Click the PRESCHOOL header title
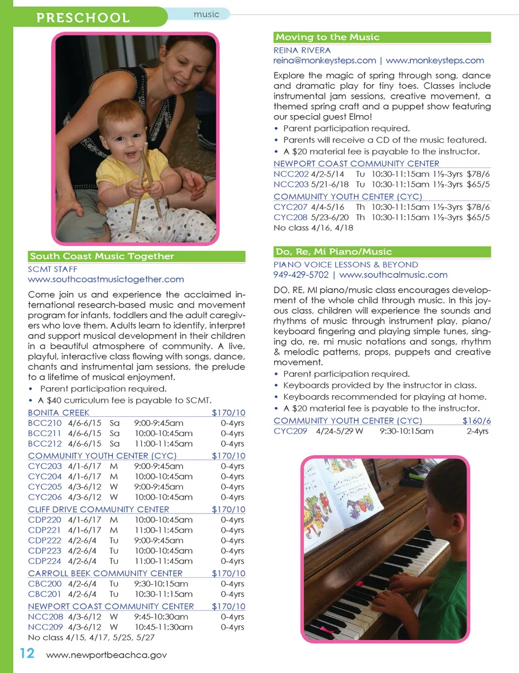83,17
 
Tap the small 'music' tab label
206,15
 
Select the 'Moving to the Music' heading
328,37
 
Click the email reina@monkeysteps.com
324,61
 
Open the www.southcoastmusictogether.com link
106,279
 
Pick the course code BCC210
45,423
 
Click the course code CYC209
290,431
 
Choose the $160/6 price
476,421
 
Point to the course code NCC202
291,174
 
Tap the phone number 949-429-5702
301,275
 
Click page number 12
27,654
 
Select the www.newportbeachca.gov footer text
107,655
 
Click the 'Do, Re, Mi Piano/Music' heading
334,252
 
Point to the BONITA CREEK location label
58,412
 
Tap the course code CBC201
45,594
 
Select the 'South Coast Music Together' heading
102,256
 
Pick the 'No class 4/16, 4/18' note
313,228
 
